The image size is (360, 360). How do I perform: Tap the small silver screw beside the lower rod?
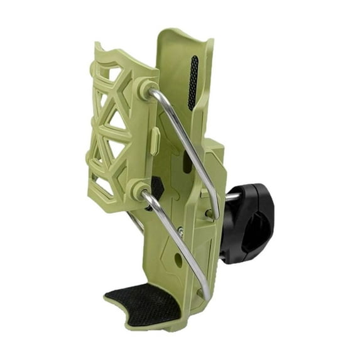[181, 232]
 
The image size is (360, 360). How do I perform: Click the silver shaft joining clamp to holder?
[231, 197]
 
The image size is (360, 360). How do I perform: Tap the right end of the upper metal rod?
[217, 214]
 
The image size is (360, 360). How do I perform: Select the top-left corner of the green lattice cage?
[97, 46]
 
